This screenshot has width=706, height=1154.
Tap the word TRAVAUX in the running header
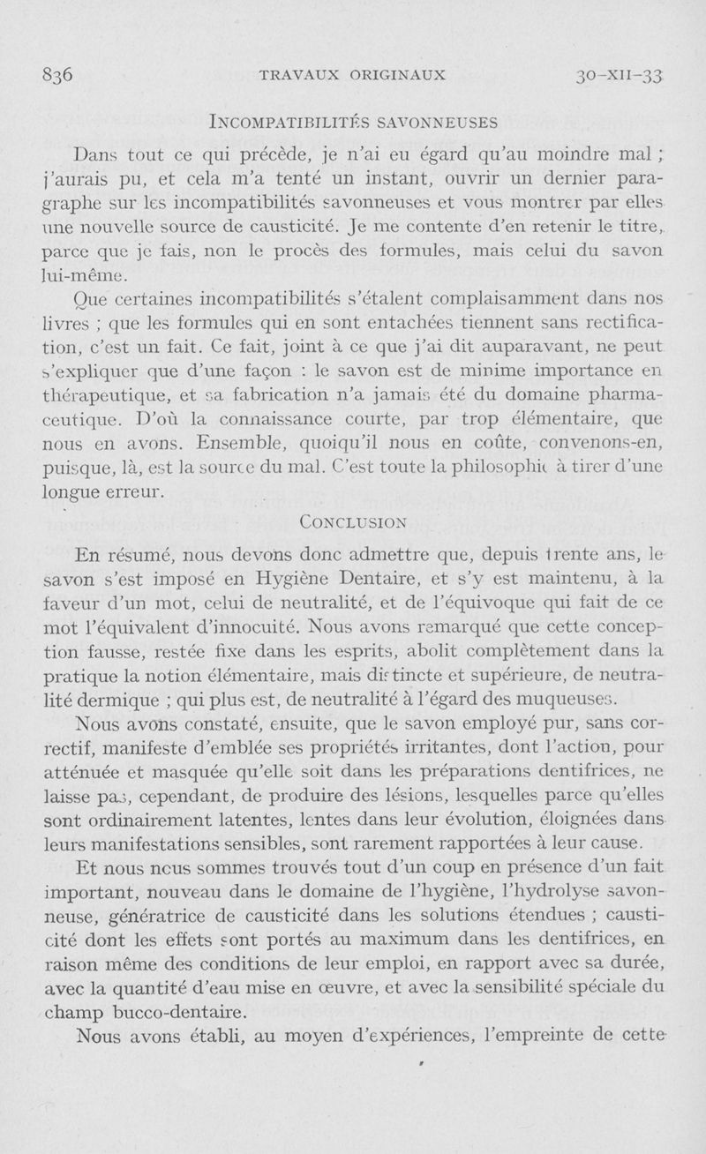300,74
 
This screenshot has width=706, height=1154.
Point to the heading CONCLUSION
351,521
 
